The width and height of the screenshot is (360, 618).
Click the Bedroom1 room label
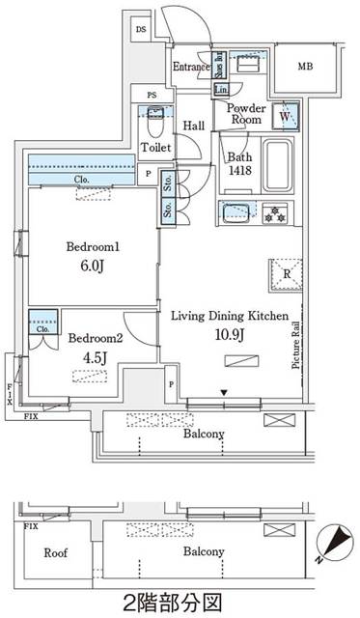pos(92,246)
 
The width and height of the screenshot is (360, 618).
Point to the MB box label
pos(305,66)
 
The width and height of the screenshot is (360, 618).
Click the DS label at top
pos(141,30)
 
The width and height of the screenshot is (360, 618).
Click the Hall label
pos(194,126)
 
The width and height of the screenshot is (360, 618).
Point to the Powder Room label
pos(246,114)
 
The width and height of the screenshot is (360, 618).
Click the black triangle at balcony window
pos(224,392)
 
